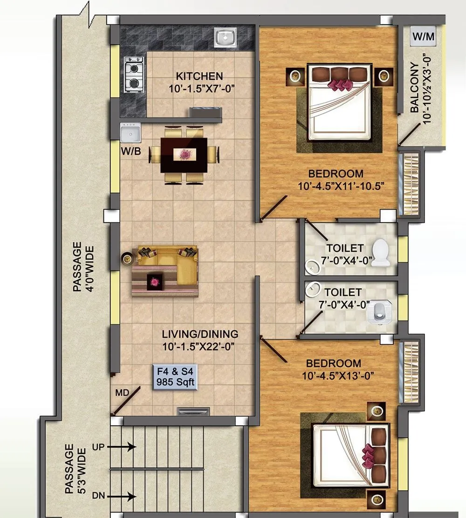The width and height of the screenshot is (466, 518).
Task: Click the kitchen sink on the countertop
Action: click(x=226, y=38)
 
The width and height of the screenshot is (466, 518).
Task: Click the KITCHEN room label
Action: click(x=199, y=76)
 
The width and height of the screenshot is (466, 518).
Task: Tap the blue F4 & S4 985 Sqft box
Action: click(x=177, y=377)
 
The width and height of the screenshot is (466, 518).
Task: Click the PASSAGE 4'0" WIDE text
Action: click(x=82, y=266)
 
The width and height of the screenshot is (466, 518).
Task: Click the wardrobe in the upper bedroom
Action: click(x=411, y=184)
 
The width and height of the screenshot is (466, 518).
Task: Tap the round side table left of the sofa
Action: click(x=127, y=258)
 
